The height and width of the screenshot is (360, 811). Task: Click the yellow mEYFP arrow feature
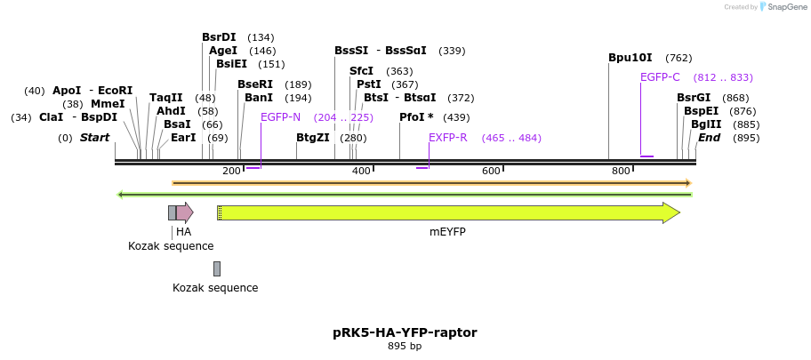tap(445, 212)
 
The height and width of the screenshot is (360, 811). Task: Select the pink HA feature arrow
tap(184, 212)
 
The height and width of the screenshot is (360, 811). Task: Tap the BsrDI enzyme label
tap(219, 37)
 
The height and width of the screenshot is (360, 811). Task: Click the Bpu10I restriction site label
tap(630, 58)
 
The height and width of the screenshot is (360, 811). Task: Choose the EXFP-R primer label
tap(448, 138)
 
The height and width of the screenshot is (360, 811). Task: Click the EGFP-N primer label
tap(280, 117)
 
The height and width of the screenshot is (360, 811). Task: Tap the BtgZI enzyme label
tap(313, 138)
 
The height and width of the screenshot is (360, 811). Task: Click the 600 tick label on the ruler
tap(491, 171)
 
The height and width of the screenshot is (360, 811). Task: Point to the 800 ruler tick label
tap(621, 171)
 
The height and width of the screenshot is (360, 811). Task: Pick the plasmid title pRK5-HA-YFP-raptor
tap(405, 332)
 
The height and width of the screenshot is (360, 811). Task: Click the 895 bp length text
tap(405, 347)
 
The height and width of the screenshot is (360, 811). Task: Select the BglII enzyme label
tap(706, 124)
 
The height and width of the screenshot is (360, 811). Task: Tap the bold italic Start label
tap(94, 138)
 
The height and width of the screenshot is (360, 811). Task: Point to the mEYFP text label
tap(447, 232)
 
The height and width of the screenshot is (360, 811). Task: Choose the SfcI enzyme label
tap(362, 71)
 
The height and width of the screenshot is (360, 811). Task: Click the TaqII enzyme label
tap(165, 98)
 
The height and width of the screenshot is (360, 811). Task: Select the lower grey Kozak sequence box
tap(216, 268)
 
